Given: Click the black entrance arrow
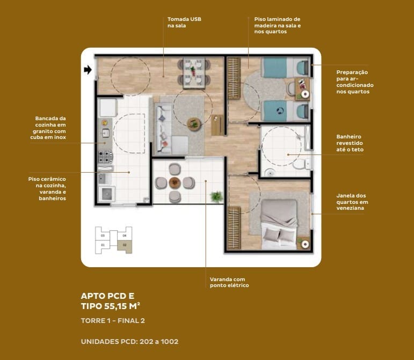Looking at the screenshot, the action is [x=88, y=70].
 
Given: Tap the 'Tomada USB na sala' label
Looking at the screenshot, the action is [x=184, y=23].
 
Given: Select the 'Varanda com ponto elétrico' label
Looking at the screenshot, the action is [x=229, y=282].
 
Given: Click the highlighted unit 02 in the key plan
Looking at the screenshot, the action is [x=125, y=247].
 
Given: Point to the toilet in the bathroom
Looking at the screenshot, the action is [x=302, y=164].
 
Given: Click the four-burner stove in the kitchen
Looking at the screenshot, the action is [x=105, y=157].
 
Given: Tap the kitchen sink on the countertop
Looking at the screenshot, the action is [x=106, y=133].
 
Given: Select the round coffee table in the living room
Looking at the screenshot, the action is [x=194, y=124].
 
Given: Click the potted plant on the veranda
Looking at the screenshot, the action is [x=216, y=197].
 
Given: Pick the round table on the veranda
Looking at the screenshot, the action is [x=175, y=182].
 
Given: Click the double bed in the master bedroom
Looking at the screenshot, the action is [x=279, y=224].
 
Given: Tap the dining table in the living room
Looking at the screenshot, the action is [x=194, y=72].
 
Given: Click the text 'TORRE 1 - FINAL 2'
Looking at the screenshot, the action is [x=113, y=321].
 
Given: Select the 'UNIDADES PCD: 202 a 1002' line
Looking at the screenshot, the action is [x=129, y=342].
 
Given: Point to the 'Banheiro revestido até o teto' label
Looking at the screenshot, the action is [x=350, y=143].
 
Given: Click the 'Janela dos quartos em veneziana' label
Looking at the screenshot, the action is [x=352, y=202].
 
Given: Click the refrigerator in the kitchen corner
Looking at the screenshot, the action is [x=108, y=107].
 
